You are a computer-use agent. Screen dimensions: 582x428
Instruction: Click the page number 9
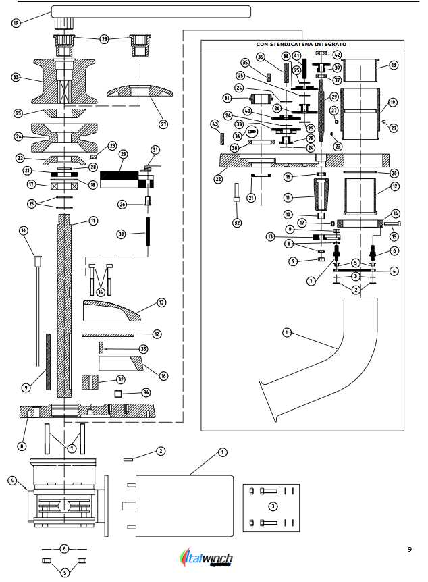(409, 550)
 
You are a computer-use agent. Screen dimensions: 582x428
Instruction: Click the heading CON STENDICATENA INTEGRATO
(301, 44)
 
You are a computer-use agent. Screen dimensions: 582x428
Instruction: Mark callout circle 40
(248, 111)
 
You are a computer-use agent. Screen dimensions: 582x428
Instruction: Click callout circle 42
(336, 55)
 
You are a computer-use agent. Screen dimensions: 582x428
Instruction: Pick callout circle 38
(286, 56)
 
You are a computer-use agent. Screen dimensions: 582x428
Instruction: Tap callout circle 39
(336, 68)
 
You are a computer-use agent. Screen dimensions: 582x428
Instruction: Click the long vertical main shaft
(64, 304)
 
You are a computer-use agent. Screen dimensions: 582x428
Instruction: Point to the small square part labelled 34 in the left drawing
(117, 393)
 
